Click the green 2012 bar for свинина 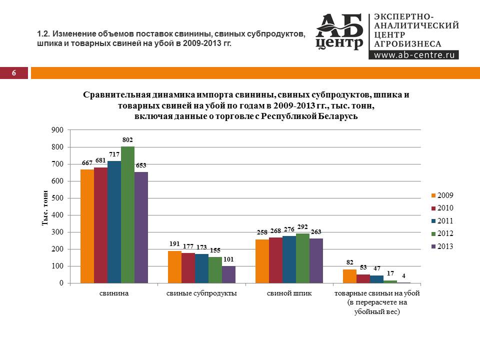127,215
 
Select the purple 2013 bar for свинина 141,227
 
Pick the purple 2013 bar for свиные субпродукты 228,274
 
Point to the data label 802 127,140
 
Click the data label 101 228,260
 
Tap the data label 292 302,227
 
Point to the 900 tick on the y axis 58,130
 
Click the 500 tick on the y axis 58,198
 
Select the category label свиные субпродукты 201,293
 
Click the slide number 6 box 14,73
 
